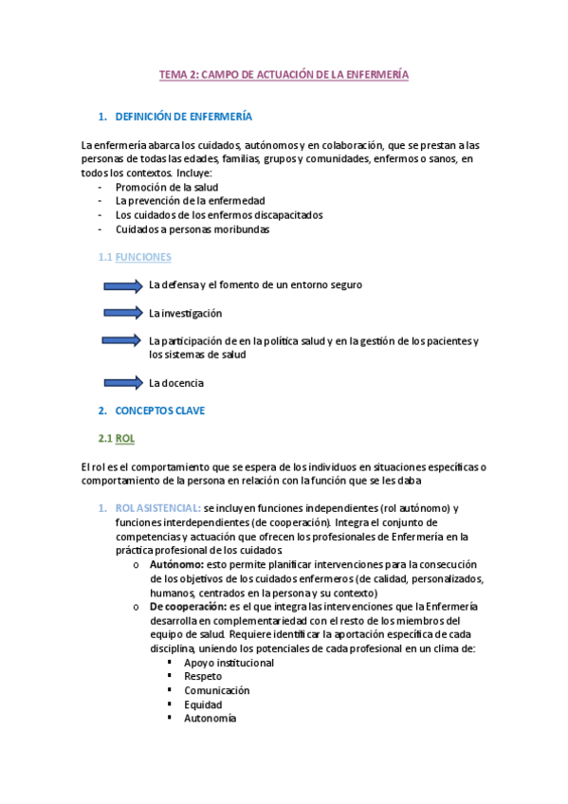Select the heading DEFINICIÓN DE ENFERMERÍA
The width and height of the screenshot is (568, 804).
(x=183, y=117)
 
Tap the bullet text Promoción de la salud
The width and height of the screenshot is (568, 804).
(x=167, y=187)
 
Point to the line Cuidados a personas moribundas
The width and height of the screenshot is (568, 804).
(x=192, y=228)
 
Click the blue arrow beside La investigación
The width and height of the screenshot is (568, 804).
(x=123, y=312)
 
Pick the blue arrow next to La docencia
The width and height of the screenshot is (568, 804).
(x=123, y=383)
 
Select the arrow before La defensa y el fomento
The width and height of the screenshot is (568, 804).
(x=123, y=284)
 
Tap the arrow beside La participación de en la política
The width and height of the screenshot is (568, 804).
(x=123, y=340)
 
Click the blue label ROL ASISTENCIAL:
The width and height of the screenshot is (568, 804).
(x=157, y=509)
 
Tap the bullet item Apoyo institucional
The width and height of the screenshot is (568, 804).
(x=229, y=663)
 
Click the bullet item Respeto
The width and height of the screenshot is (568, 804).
(x=203, y=677)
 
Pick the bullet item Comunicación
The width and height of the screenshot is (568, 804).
(x=217, y=690)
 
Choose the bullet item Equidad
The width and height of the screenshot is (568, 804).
(x=203, y=704)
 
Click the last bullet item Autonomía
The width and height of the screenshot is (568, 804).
(x=210, y=719)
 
